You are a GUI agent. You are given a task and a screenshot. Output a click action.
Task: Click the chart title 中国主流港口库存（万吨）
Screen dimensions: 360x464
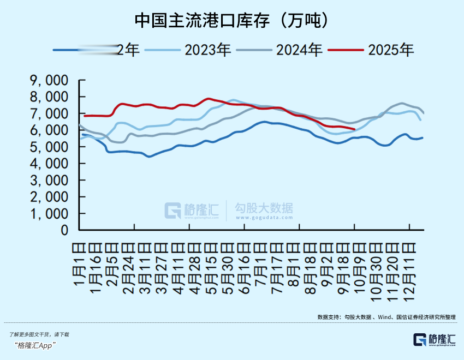point(231,20)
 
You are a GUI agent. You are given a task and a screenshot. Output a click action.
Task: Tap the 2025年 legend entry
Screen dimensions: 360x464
point(391,50)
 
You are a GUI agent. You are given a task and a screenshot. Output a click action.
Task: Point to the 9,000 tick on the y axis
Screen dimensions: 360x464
point(49,81)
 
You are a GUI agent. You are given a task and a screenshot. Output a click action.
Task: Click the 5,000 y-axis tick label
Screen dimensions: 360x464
point(49,147)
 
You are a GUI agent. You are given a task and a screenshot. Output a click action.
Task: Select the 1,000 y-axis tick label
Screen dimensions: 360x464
point(49,214)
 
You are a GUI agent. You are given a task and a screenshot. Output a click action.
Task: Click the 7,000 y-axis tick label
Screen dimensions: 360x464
point(49,114)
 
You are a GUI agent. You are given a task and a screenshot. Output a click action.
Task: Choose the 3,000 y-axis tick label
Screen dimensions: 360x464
point(49,181)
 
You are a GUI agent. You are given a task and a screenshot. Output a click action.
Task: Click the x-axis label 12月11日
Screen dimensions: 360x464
point(407,267)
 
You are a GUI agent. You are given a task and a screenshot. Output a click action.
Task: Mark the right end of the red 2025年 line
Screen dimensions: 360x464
point(355,129)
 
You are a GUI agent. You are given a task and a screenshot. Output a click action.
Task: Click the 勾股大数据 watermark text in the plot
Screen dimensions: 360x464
point(264,208)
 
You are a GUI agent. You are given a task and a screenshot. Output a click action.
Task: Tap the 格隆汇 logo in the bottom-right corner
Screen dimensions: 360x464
point(435,339)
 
